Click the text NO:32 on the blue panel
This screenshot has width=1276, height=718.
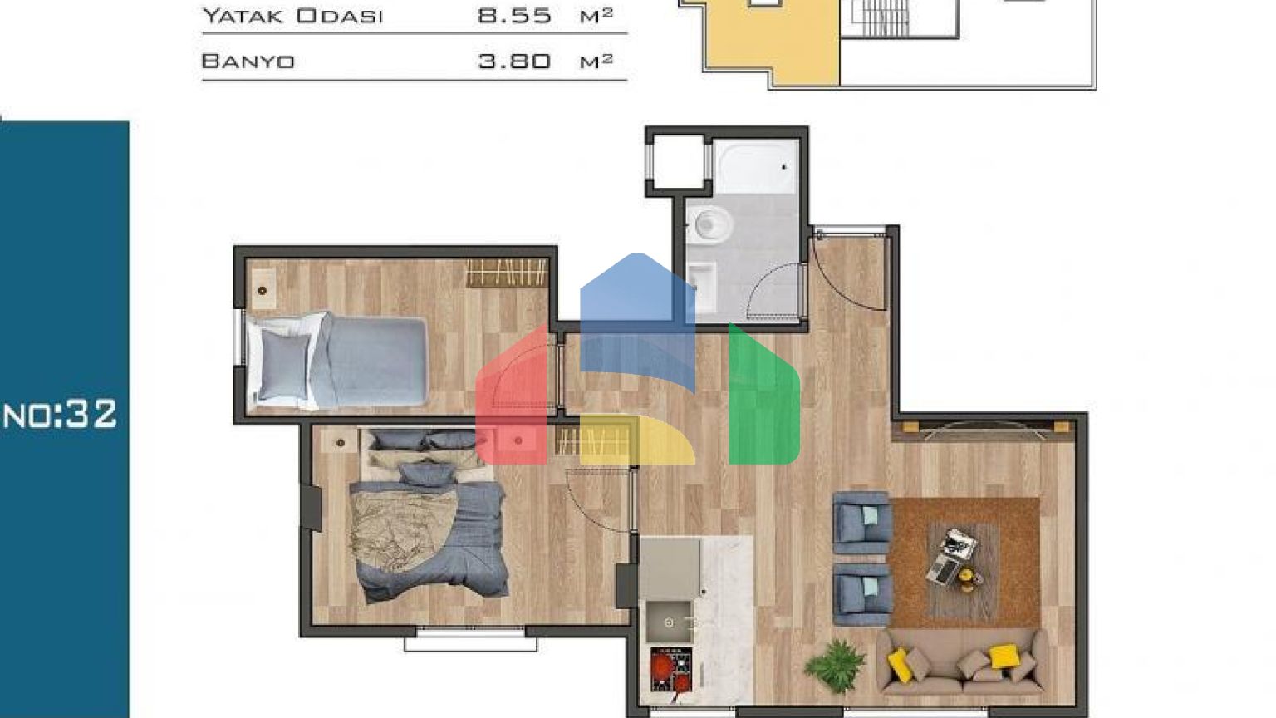point(60,414)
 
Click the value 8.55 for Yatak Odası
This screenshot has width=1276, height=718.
point(514,16)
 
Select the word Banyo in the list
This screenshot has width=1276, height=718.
point(248,61)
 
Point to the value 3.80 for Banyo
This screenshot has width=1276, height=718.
point(514,61)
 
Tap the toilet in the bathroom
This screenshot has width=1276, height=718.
point(709,224)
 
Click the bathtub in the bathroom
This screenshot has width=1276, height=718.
point(756,166)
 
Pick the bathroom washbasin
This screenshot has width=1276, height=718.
point(702,286)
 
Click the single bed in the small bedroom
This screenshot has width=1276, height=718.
point(337,361)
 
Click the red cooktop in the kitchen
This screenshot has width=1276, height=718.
point(671,669)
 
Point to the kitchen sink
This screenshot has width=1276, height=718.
point(670,622)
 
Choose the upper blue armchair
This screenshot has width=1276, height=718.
point(861,523)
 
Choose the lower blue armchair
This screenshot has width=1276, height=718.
point(861,595)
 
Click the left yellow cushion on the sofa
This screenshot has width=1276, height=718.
point(900,664)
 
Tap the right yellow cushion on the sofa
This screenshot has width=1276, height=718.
point(1004,656)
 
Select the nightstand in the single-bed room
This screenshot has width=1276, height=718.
point(263,289)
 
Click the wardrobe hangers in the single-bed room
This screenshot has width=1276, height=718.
point(506,273)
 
